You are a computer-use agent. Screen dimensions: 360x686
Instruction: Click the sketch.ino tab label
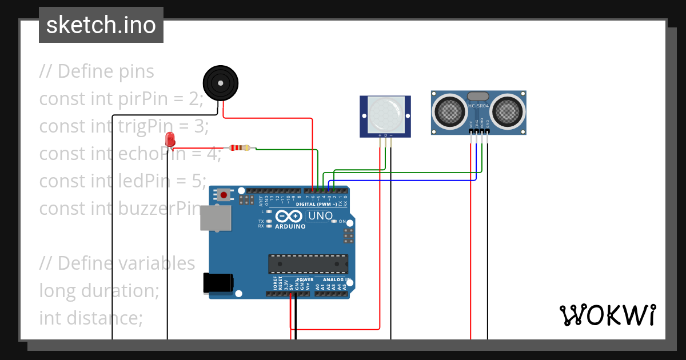pos(101,25)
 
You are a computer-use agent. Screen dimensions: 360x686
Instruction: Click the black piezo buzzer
pos(220,83)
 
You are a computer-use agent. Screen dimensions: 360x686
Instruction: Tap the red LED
pos(170,139)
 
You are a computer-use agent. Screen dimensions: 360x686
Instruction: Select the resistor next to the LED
pos(240,148)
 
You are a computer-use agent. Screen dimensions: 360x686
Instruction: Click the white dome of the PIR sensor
pos(384,114)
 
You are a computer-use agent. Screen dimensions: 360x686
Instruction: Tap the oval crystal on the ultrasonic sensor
pos(478,96)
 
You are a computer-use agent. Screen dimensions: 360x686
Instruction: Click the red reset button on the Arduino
pos(224,195)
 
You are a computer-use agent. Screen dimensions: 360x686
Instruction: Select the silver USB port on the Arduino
pos(215,218)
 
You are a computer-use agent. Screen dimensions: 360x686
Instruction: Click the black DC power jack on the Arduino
pos(218,282)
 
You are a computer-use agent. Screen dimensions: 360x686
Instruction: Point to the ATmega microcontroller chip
pos(308,263)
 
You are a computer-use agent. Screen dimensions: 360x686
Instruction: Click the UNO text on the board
pos(320,216)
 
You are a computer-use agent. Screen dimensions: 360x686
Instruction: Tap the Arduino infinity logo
pos(289,217)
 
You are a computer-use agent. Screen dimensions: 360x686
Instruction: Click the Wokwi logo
pos(607,315)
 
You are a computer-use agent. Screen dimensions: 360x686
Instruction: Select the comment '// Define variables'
pos(117,263)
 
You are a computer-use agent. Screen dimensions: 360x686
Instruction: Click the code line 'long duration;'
pos(99,291)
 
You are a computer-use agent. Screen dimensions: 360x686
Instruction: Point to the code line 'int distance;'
pos(91,318)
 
